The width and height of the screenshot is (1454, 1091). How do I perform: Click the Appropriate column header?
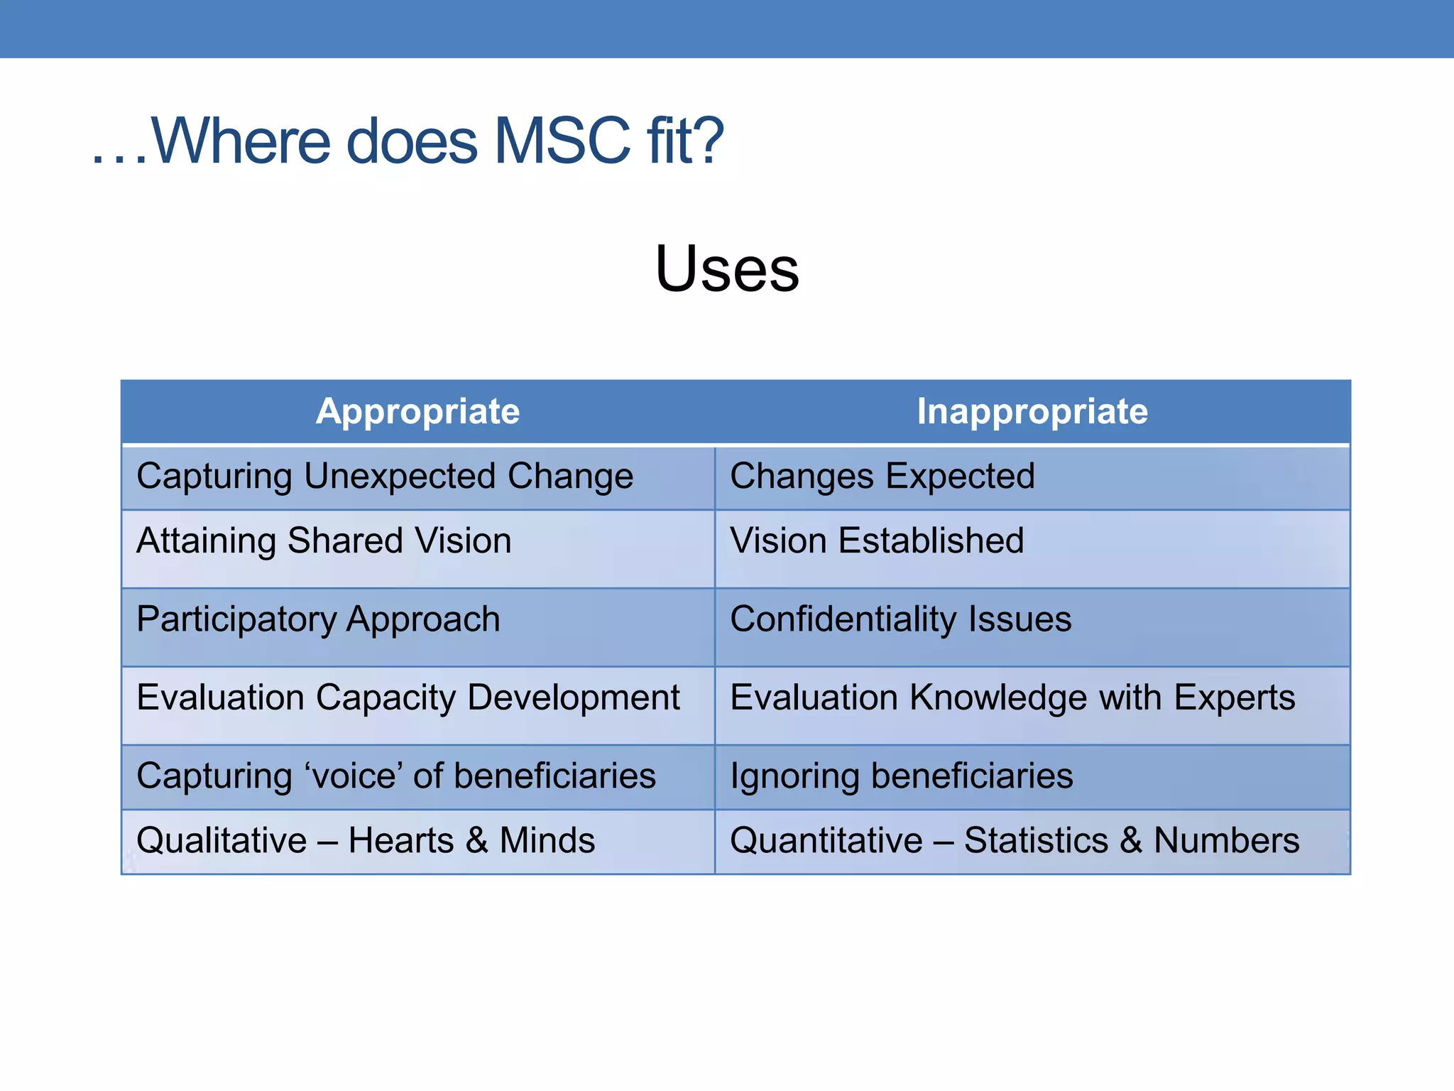pos(417,411)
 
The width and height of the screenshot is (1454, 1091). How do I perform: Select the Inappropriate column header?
pos(1032,411)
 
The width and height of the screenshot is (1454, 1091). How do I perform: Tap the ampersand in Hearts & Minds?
pos(476,841)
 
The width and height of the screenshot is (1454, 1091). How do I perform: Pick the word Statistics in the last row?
pos(1036,841)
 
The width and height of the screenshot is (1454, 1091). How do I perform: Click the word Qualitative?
pos(222,841)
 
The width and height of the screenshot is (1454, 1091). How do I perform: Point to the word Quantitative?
pos(826,841)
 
